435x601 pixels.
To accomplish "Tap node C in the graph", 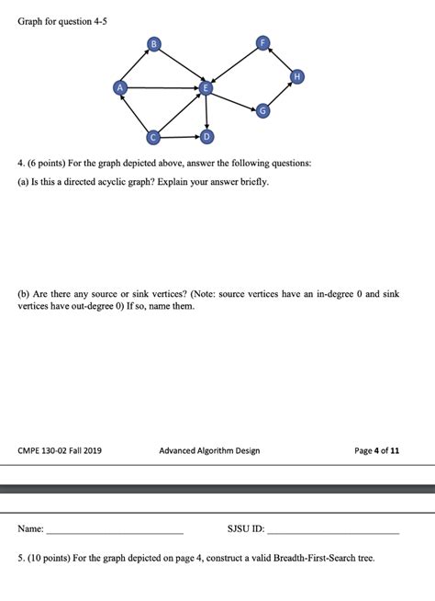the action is click(155, 137).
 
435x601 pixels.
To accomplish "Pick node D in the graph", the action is click(206, 137).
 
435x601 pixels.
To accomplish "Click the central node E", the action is click(206, 87).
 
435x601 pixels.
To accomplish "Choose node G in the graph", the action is click(264, 111).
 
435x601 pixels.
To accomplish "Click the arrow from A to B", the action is click(136, 65).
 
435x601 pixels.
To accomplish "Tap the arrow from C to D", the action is click(181, 137).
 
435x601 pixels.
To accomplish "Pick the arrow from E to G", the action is click(235, 99).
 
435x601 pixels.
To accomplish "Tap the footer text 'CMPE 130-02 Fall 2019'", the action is click(60, 450).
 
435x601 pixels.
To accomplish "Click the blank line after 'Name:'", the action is click(115, 532).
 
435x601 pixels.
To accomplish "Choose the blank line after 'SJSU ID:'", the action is click(332, 532).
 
